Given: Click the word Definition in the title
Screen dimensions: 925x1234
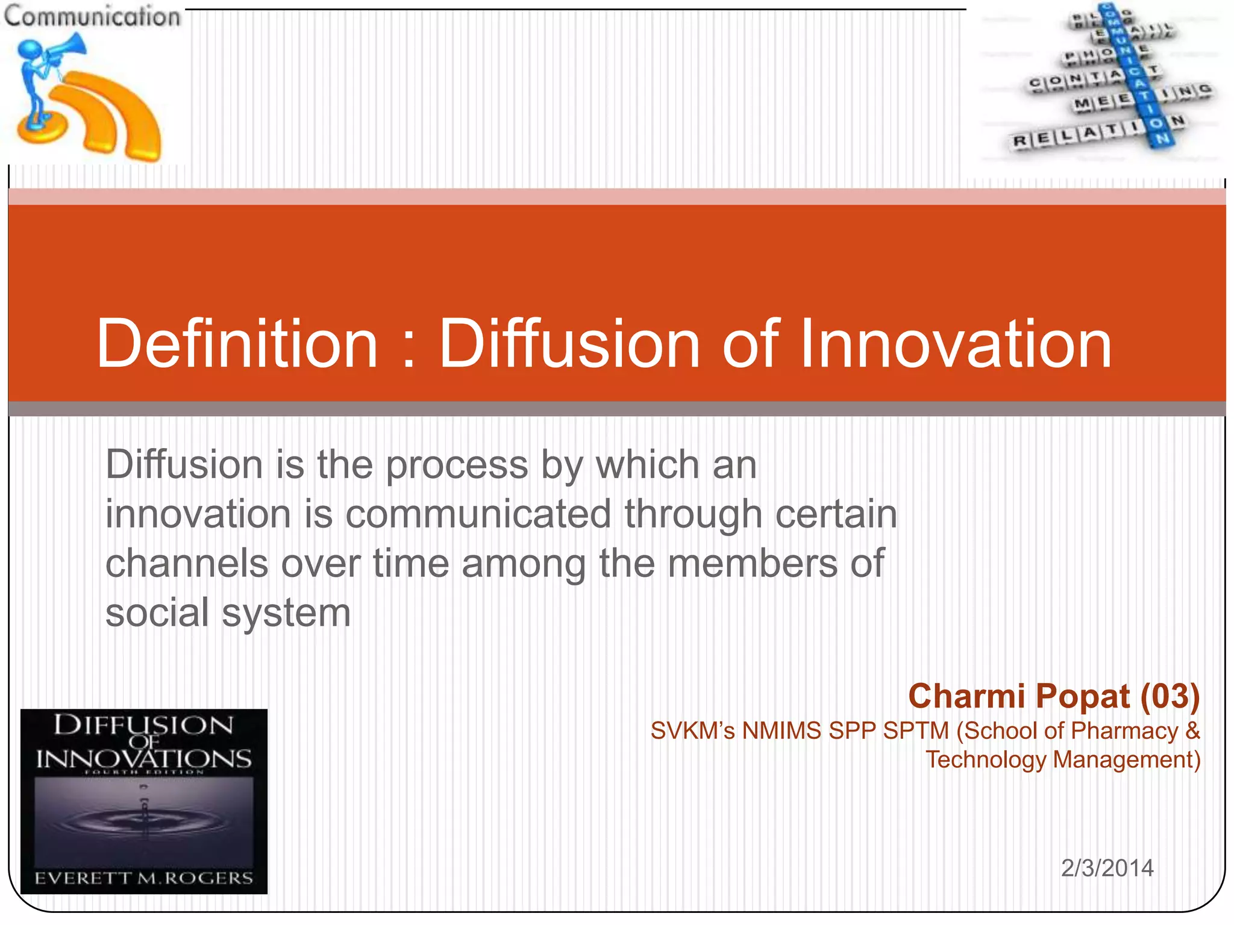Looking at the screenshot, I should pos(237,344).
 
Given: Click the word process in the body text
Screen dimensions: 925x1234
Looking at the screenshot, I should pos(457,466).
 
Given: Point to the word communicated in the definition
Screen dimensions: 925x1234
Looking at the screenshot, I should pos(478,514).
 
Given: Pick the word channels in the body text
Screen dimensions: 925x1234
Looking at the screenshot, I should pos(187,564).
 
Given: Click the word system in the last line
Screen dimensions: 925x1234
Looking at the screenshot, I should pos(286,614).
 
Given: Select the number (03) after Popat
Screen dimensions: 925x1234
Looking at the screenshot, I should pos(1170,696).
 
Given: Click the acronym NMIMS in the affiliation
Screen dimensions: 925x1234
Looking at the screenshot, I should pos(781,730).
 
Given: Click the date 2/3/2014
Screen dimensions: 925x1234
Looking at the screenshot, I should pos(1107,868).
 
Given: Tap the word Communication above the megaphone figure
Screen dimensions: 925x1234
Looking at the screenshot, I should pos(92,16).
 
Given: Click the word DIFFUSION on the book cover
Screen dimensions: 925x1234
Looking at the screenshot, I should pos(143,725).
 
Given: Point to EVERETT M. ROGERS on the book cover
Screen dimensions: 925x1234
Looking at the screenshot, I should pos(143,878).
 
